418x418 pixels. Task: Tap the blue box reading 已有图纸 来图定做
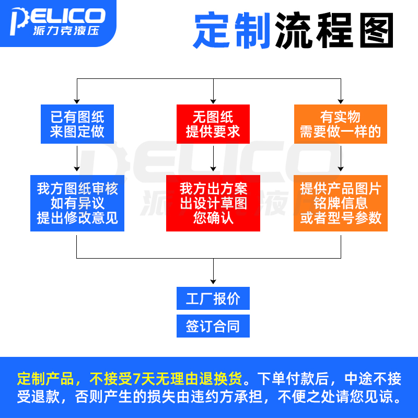click(77, 124)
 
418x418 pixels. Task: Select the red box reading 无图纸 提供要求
click(213, 124)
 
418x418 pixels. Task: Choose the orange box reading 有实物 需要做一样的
click(340, 124)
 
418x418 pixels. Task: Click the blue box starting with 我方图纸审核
click(77, 203)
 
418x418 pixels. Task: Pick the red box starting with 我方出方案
click(213, 203)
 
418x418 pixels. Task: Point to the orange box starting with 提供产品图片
click(340, 203)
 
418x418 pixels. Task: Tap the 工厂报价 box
click(213, 298)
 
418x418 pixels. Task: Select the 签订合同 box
click(213, 326)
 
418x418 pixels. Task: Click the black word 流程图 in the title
click(334, 30)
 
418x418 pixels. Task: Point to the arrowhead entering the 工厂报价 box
click(213, 282)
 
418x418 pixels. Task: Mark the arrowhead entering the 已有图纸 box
click(77, 101)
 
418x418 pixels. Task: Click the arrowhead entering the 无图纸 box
click(213, 101)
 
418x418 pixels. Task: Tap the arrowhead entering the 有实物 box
click(340, 101)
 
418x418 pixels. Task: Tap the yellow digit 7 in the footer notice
click(137, 378)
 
